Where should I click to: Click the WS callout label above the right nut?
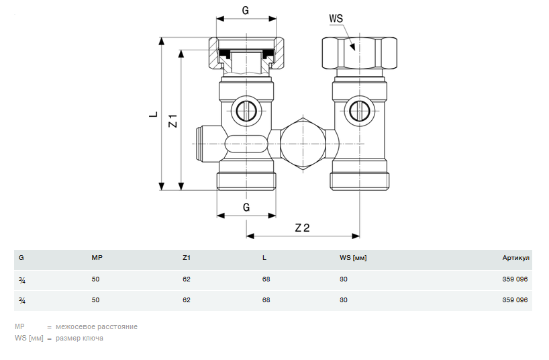click(x=336, y=19)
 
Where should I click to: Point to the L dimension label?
click(x=153, y=114)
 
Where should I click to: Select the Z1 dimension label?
click(x=172, y=121)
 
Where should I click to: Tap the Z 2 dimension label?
click(x=302, y=227)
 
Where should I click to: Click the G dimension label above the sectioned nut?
click(x=246, y=11)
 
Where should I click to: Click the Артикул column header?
click(x=515, y=258)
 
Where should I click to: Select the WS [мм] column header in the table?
click(x=353, y=258)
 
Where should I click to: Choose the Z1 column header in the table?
click(x=187, y=258)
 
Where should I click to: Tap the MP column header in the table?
click(x=97, y=258)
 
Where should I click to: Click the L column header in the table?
click(x=264, y=258)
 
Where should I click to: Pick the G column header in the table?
click(x=21, y=258)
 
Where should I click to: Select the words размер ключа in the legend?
click(x=80, y=339)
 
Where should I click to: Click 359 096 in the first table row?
click(x=515, y=279)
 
